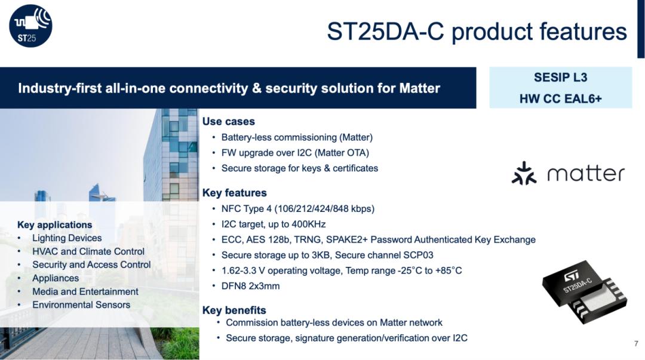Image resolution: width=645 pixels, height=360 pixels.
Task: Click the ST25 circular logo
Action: click(x=31, y=26)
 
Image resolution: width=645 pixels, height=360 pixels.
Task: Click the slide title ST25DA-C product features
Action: click(x=477, y=31)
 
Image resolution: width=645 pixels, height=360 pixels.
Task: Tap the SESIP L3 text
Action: click(x=560, y=78)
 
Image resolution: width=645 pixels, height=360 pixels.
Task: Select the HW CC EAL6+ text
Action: click(x=560, y=99)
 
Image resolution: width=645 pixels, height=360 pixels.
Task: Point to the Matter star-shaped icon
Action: click(x=524, y=173)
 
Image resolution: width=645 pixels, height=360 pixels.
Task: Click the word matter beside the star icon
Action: click(x=586, y=174)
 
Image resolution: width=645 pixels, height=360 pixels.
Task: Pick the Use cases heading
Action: click(x=228, y=121)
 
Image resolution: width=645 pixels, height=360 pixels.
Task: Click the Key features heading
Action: click(x=235, y=193)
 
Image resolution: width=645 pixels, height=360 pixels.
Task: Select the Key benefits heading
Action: click(x=234, y=310)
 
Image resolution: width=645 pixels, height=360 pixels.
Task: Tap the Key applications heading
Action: click(x=55, y=224)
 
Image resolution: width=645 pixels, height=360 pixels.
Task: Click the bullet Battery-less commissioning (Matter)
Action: click(x=297, y=137)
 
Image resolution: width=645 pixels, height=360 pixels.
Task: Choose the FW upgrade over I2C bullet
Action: click(x=295, y=153)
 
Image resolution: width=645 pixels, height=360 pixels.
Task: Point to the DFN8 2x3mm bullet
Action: click(x=250, y=286)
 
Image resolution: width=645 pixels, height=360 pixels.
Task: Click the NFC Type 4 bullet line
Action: click(x=298, y=208)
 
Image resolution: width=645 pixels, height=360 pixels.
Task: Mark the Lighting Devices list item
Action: click(x=67, y=238)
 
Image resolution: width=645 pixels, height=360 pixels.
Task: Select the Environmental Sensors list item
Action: click(x=81, y=305)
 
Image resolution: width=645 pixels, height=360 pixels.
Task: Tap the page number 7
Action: click(x=637, y=343)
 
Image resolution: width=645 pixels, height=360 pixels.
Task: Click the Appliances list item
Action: click(x=56, y=279)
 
